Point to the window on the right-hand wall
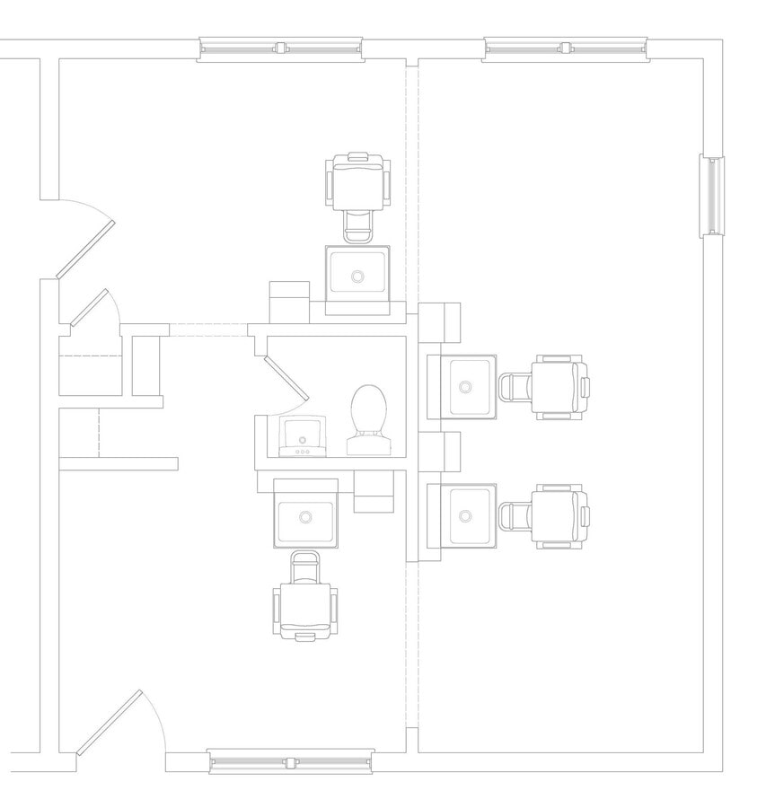712,195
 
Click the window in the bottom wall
290,762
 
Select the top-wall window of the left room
280,48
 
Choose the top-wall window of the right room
566,48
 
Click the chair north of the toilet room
359,187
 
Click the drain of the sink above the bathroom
357,276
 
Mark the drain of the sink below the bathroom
305,517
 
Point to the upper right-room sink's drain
464,387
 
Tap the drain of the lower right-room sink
464,516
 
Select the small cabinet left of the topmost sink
289,302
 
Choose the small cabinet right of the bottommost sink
374,491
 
